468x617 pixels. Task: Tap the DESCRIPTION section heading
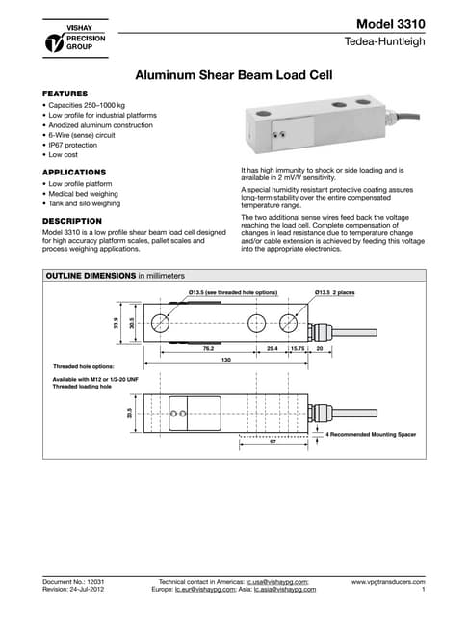(x=74, y=221)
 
